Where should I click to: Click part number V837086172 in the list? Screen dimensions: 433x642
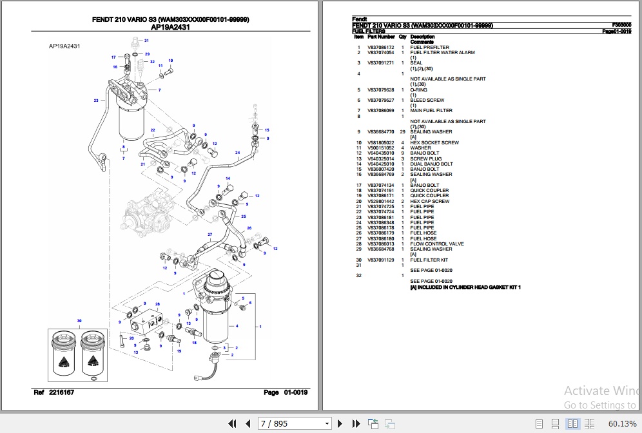coord(381,47)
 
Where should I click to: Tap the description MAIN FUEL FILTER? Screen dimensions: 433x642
coord(431,111)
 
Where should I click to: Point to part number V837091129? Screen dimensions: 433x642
coord(381,260)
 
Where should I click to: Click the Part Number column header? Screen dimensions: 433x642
coord(381,37)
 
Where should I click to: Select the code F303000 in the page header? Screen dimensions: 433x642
coord(621,25)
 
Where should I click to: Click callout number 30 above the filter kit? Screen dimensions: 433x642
coord(79,321)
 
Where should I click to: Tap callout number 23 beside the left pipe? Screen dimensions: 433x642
coord(96,101)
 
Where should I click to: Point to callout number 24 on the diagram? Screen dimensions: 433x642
coord(237,153)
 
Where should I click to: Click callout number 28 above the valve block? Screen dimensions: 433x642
coord(157,304)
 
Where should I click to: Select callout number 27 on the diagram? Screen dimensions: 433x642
coord(209,233)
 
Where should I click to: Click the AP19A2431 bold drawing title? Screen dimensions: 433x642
coord(171,28)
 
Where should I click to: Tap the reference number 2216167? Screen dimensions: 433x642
coord(62,392)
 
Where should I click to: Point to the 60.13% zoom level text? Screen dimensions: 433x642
coord(622,423)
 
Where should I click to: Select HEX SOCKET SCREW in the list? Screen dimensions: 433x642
coord(434,143)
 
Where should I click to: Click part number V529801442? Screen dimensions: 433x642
coord(381,202)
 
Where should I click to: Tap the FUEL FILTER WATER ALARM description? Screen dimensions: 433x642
coord(442,53)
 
